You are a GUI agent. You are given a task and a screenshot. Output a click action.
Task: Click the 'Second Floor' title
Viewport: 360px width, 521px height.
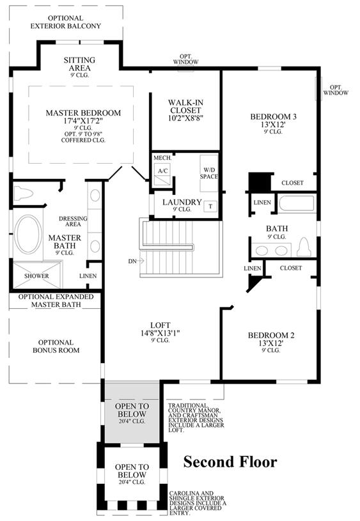click(230, 462)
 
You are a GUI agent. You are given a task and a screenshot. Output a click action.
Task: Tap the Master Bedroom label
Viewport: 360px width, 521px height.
click(83, 113)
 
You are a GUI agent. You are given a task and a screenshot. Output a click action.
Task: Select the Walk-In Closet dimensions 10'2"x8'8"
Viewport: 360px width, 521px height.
click(185, 118)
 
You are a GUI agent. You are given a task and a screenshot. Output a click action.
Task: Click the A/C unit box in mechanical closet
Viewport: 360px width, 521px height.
click(162, 174)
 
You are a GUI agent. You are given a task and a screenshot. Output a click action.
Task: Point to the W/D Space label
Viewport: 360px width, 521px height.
click(208, 173)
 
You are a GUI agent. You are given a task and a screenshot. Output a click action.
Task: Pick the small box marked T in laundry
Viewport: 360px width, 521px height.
click(210, 206)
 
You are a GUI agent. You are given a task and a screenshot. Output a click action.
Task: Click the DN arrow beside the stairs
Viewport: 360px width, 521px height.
click(136, 261)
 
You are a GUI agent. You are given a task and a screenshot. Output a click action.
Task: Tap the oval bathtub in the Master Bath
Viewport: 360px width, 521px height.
click(29, 234)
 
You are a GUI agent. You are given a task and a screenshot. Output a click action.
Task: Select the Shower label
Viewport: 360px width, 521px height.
click(36, 276)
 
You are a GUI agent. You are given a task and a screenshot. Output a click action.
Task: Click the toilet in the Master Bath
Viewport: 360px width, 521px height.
click(23, 193)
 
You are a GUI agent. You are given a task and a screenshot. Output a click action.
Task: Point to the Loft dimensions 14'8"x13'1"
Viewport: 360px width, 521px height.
click(160, 333)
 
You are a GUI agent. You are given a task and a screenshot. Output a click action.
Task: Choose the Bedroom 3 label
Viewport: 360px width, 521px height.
click(273, 116)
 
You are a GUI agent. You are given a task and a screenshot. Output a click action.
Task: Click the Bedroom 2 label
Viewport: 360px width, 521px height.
click(271, 335)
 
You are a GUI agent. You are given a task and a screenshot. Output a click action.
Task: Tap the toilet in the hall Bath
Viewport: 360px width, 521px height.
click(304, 247)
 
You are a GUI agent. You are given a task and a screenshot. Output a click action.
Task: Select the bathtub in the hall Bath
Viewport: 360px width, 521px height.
click(296, 204)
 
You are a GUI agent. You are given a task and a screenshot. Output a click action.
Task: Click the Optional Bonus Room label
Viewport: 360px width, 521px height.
click(56, 346)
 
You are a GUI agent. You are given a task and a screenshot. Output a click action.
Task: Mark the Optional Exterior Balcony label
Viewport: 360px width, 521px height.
click(65, 22)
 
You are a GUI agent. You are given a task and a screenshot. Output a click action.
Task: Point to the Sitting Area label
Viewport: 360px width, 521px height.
click(79, 64)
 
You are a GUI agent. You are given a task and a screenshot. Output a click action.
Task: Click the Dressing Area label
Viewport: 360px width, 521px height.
click(73, 221)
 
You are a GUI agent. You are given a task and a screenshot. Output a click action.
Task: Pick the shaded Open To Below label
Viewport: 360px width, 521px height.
click(131, 410)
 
